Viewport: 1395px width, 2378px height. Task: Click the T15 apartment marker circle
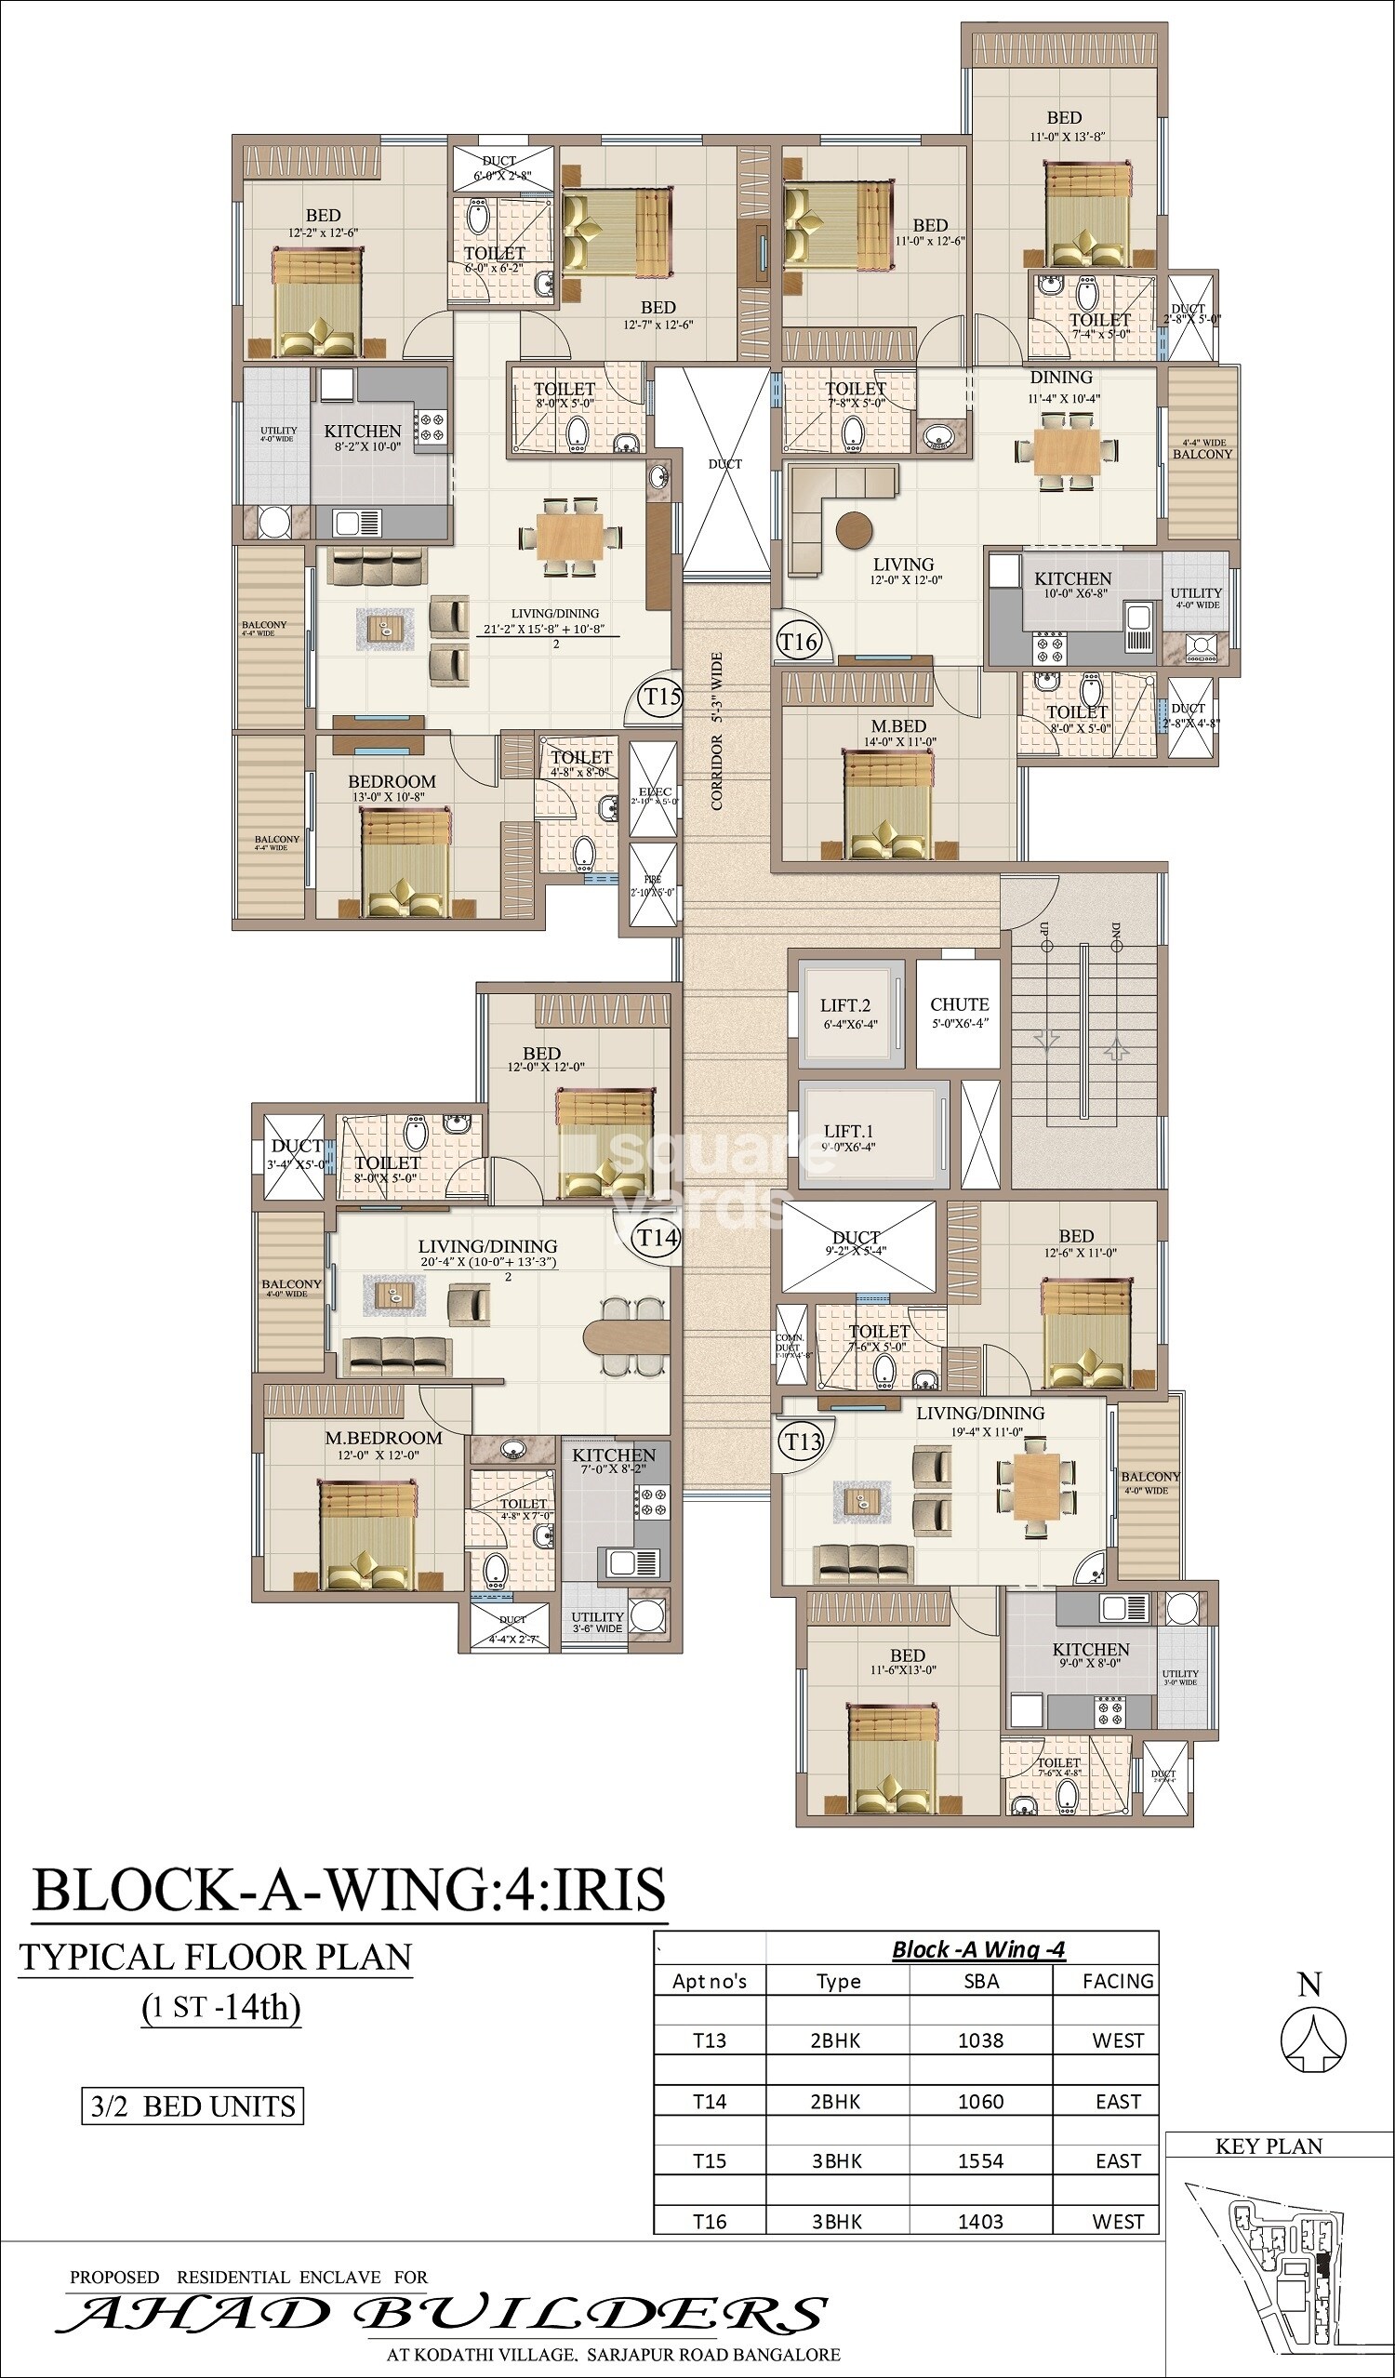661,697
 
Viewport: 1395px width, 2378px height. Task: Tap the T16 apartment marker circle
799,643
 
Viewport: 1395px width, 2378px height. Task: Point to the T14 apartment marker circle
656,1236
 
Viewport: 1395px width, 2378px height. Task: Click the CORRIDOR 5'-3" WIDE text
717,731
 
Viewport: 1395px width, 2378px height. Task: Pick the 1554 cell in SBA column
980,2161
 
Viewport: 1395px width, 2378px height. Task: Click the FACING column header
1118,1981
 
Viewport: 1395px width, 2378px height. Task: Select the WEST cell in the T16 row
1118,2222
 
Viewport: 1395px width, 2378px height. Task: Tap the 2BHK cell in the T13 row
836,2040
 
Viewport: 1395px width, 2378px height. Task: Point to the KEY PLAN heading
1269,2146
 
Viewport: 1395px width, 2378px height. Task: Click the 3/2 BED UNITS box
193,2106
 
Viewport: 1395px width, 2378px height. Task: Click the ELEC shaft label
654,793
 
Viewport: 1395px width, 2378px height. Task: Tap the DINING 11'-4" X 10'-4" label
1061,386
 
